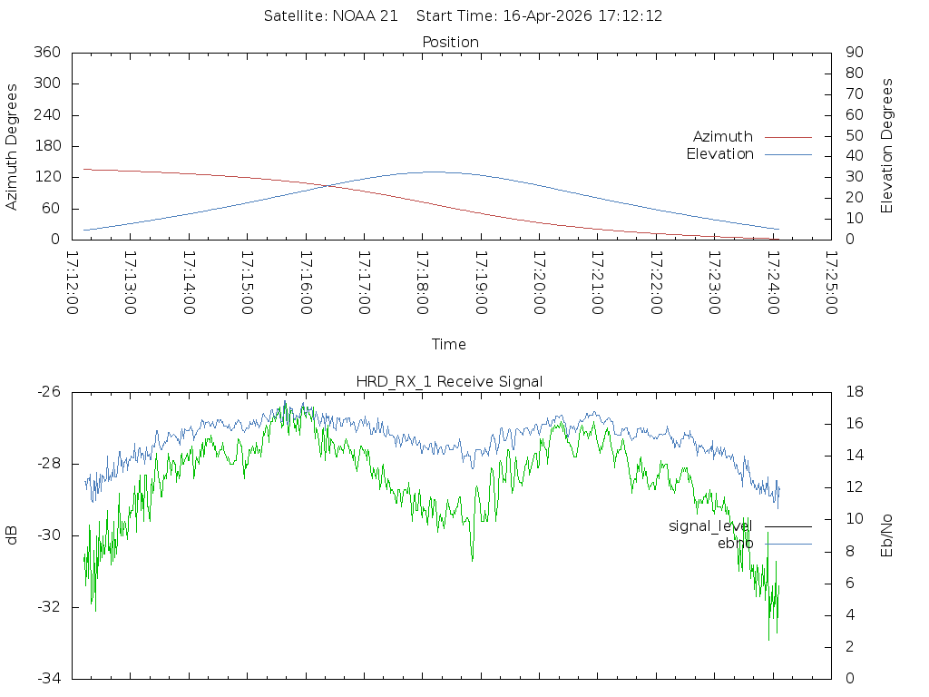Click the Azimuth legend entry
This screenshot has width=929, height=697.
pos(752,137)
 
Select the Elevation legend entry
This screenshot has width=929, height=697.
pos(748,154)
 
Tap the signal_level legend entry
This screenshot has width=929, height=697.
pos(740,526)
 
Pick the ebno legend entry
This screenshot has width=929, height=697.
pos(764,544)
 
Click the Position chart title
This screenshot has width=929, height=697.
pos(450,42)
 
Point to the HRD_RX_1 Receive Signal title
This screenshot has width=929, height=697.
pos(449,382)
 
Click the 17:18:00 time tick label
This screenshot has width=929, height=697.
pos(423,283)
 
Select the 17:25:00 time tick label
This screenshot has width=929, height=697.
pos(831,283)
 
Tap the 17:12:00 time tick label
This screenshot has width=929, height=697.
pos(73,283)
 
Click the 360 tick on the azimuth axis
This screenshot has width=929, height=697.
pos(47,52)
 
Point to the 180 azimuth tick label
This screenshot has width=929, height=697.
pos(47,146)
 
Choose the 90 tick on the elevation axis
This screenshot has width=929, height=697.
pos(855,52)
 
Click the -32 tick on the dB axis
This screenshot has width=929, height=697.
pos(49,607)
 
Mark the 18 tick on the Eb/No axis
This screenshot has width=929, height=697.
pos(855,392)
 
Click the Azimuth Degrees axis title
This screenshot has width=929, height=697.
pos(11,146)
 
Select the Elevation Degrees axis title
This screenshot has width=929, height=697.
pos(886,146)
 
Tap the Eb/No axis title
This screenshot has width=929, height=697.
pos(886,535)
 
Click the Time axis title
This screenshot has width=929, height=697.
pos(448,344)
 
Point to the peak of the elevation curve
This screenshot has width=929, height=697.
pos(435,172)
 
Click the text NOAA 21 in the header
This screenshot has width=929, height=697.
pos(365,16)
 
